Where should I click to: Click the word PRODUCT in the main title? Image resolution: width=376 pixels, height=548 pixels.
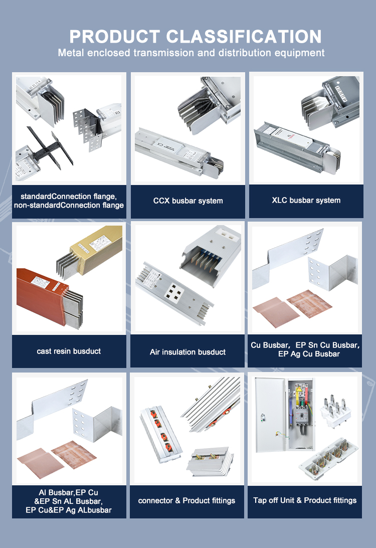pos(115,37)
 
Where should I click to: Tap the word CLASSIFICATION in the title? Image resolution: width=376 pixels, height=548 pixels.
pos(244,37)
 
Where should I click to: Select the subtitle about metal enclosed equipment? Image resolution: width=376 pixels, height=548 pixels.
pos(191,53)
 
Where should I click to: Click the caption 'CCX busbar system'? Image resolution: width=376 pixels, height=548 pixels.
pos(188,201)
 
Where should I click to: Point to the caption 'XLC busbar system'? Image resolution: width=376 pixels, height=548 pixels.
pos(306,200)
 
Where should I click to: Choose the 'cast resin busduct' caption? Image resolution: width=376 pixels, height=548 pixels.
pos(69,351)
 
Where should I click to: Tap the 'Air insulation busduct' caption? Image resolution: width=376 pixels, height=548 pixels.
pos(187,352)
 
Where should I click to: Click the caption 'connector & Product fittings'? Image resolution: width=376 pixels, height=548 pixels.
pos(186,500)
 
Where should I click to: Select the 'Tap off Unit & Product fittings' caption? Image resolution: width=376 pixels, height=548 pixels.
pos(305,500)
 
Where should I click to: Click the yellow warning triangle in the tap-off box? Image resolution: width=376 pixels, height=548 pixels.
pos(299,389)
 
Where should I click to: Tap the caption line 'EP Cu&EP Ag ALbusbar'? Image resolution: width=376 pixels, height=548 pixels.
pos(69,510)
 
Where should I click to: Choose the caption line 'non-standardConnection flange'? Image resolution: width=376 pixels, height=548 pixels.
pos(69,205)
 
